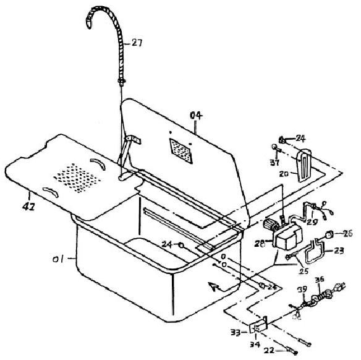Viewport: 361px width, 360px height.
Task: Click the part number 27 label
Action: (x=137, y=43)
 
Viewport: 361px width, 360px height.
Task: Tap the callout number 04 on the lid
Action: (x=197, y=115)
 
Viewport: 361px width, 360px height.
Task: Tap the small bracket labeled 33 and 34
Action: (x=258, y=325)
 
